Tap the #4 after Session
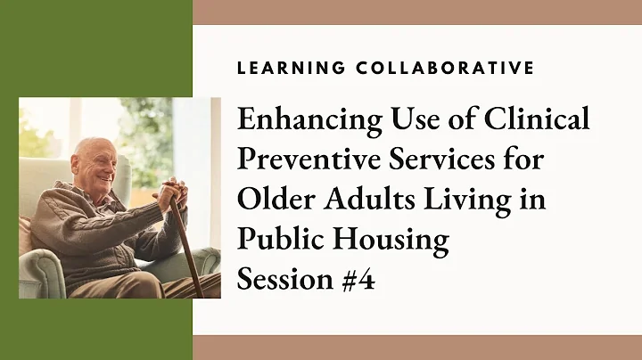[x=357, y=280]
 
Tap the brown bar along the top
[x=417, y=12]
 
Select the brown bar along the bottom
[x=417, y=348]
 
